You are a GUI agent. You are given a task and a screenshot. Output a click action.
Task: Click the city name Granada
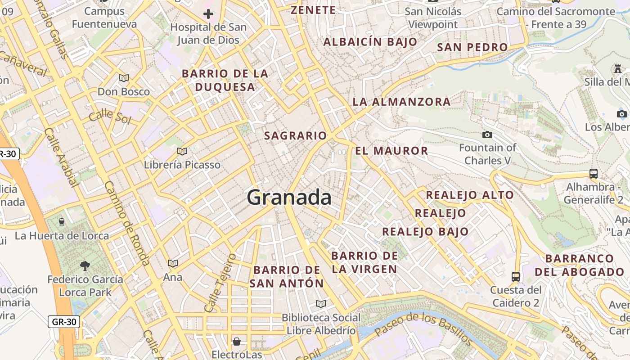click(289, 198)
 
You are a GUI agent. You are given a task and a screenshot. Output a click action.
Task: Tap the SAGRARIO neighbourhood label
click(295, 135)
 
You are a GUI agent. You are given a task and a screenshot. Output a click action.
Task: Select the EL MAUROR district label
click(391, 151)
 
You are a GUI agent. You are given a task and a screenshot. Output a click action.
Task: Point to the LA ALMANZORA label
click(401, 102)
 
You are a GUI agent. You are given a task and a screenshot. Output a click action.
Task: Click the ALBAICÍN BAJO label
click(370, 42)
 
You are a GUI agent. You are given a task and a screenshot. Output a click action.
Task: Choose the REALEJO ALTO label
click(469, 195)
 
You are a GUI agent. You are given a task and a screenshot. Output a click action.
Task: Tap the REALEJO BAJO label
click(425, 232)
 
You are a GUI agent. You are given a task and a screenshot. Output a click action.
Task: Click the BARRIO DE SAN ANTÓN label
click(287, 277)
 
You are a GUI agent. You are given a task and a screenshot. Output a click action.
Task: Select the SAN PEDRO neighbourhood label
click(472, 47)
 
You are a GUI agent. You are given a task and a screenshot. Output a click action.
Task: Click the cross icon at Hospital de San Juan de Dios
click(208, 14)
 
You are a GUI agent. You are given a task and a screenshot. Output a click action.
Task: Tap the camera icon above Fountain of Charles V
click(487, 135)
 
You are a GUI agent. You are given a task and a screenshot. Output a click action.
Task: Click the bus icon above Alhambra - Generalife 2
click(593, 174)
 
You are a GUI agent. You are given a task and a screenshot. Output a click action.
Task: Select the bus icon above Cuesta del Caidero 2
click(516, 276)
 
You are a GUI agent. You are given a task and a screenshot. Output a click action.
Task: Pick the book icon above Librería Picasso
click(182, 151)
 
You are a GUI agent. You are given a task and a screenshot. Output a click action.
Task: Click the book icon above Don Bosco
click(123, 78)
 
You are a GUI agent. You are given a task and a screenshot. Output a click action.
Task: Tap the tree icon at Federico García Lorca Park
click(85, 266)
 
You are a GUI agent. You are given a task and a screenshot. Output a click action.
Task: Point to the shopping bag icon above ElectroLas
click(237, 342)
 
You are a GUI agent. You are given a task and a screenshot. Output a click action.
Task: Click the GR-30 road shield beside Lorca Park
click(64, 322)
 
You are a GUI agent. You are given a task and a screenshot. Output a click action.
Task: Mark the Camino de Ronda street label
click(126, 223)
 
